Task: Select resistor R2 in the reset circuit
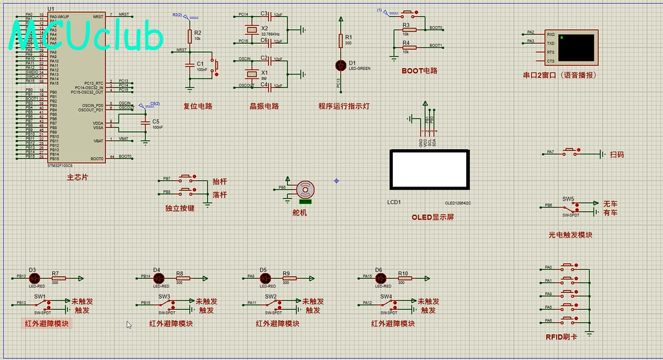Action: pyautogui.click(x=190, y=37)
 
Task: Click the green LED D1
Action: pyautogui.click(x=341, y=65)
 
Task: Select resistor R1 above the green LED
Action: pyautogui.click(x=341, y=41)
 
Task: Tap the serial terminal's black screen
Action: pyautogui.click(x=577, y=48)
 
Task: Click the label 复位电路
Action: pyautogui.click(x=197, y=106)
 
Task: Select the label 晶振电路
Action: pyautogui.click(x=264, y=106)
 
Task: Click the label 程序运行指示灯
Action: pyautogui.click(x=343, y=106)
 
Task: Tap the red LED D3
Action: pyautogui.click(x=33, y=278)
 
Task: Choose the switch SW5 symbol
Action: pyautogui.click(x=569, y=207)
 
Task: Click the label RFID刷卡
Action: pyautogui.click(x=561, y=337)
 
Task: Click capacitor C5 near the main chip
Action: pyautogui.click(x=146, y=122)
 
